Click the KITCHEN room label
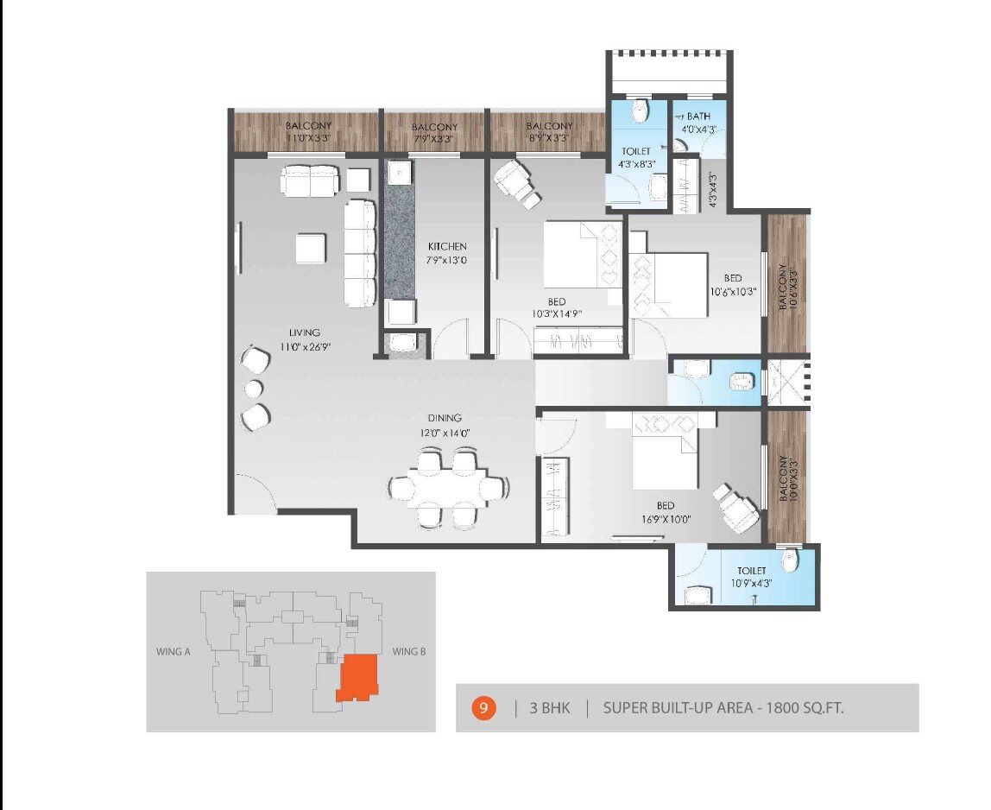pyautogui.click(x=446, y=246)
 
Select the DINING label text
pyautogui.click(x=443, y=418)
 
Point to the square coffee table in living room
pyautogui.click(x=311, y=249)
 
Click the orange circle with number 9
pyautogui.click(x=483, y=709)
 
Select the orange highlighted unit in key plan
pyautogui.click(x=357, y=678)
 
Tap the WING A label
pyautogui.click(x=175, y=652)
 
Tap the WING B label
pyautogui.click(x=409, y=652)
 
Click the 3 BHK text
pyautogui.click(x=549, y=709)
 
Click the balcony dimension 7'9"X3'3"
pyautogui.click(x=433, y=138)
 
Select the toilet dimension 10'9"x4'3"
pyautogui.click(x=751, y=583)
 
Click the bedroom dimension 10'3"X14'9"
pyautogui.click(x=556, y=314)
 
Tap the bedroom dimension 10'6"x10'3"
pyautogui.click(x=732, y=291)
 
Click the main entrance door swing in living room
pyautogui.click(x=255, y=494)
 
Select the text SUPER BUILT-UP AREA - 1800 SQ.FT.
pyautogui.click(x=723, y=709)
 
